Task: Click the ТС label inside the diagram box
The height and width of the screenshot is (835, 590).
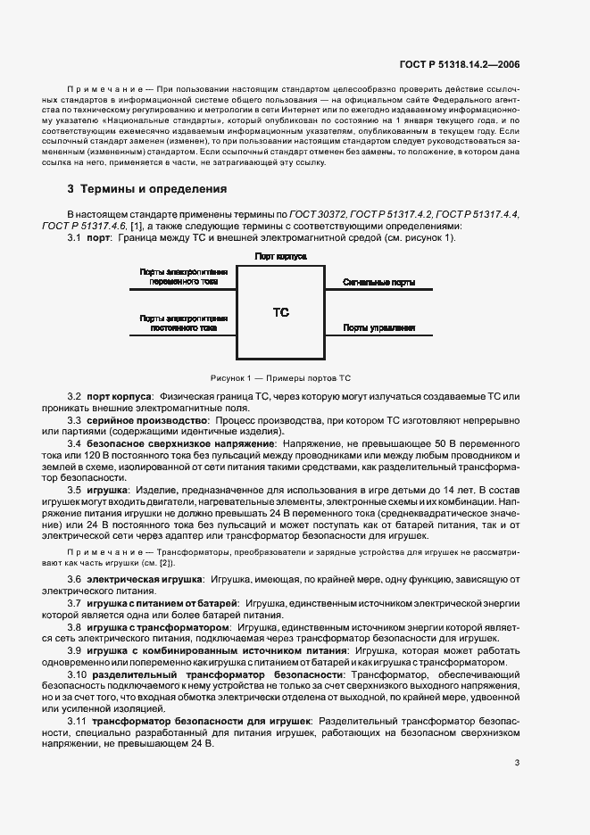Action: pos(280,313)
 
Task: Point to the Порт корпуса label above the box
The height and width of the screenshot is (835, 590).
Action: pos(280,255)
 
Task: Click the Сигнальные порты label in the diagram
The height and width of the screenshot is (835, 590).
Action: pos(378,282)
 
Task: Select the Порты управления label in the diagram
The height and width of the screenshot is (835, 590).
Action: pos(379,327)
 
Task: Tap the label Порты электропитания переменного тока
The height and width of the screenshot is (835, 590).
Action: pos(183,277)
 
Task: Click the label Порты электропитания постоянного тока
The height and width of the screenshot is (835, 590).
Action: pos(183,322)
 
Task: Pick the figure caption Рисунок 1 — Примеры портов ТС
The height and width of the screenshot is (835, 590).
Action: pos(280,377)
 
